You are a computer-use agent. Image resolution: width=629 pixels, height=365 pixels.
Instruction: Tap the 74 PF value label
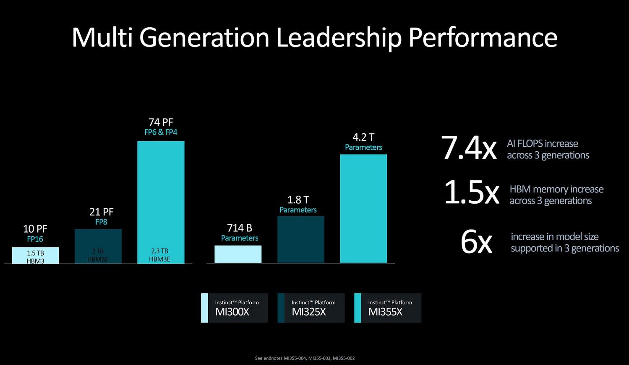(161, 122)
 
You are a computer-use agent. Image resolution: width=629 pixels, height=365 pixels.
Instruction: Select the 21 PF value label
(101, 212)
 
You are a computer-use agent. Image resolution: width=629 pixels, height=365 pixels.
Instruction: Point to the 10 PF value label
(35, 229)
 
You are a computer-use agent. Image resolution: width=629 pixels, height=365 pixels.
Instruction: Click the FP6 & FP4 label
(161, 132)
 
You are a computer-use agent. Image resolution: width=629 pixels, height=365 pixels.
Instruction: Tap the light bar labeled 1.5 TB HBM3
(35, 255)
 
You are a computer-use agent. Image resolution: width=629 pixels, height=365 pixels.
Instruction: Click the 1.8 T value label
(298, 199)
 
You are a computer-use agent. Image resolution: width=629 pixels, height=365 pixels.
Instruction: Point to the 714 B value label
(239, 228)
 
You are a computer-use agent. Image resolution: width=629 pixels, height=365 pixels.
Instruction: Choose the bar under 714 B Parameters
(238, 254)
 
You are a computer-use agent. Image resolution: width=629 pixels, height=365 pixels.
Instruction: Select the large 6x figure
(476, 242)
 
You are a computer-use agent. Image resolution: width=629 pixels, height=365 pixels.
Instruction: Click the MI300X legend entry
(235, 308)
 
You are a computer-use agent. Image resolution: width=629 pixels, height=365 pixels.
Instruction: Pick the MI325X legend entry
(311, 308)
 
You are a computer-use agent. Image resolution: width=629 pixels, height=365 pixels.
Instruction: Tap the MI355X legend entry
(388, 308)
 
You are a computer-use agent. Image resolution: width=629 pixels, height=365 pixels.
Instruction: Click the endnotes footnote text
(305, 358)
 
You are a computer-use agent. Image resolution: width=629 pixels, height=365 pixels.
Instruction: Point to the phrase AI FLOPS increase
(542, 144)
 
